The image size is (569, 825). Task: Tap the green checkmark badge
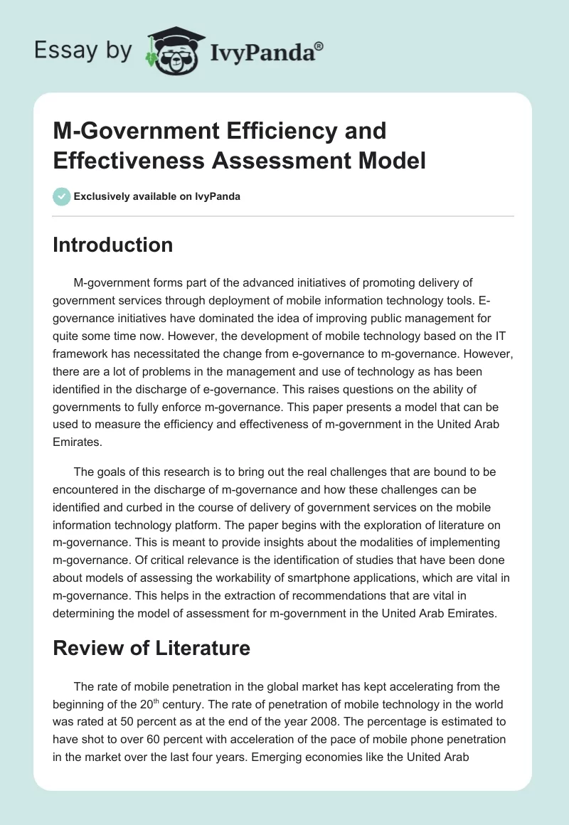pos(62,196)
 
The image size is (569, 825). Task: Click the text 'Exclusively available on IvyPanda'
pos(157,196)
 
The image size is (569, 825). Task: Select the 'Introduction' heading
pos(113,245)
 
